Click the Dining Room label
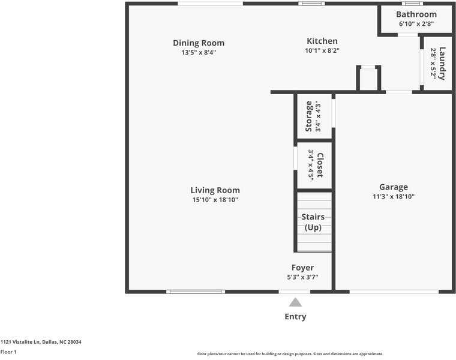click(x=199, y=43)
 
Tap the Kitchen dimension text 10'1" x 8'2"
click(x=322, y=51)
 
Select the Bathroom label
click(x=416, y=14)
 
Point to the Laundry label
click(x=442, y=64)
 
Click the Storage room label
click(x=308, y=116)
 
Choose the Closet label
click(x=320, y=165)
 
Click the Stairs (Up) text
click(x=313, y=222)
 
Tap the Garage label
click(x=393, y=187)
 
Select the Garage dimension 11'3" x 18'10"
click(x=393, y=197)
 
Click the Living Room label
click(x=215, y=190)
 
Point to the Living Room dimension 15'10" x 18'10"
click(x=215, y=200)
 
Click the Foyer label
click(x=302, y=268)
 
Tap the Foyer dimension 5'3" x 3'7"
click(x=302, y=277)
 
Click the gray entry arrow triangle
click(x=295, y=302)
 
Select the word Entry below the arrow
click(x=295, y=317)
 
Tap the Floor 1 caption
click(x=8, y=352)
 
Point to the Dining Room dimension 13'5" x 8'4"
click(x=199, y=52)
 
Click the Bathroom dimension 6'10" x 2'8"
click(x=416, y=25)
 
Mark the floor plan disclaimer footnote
click(x=290, y=354)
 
